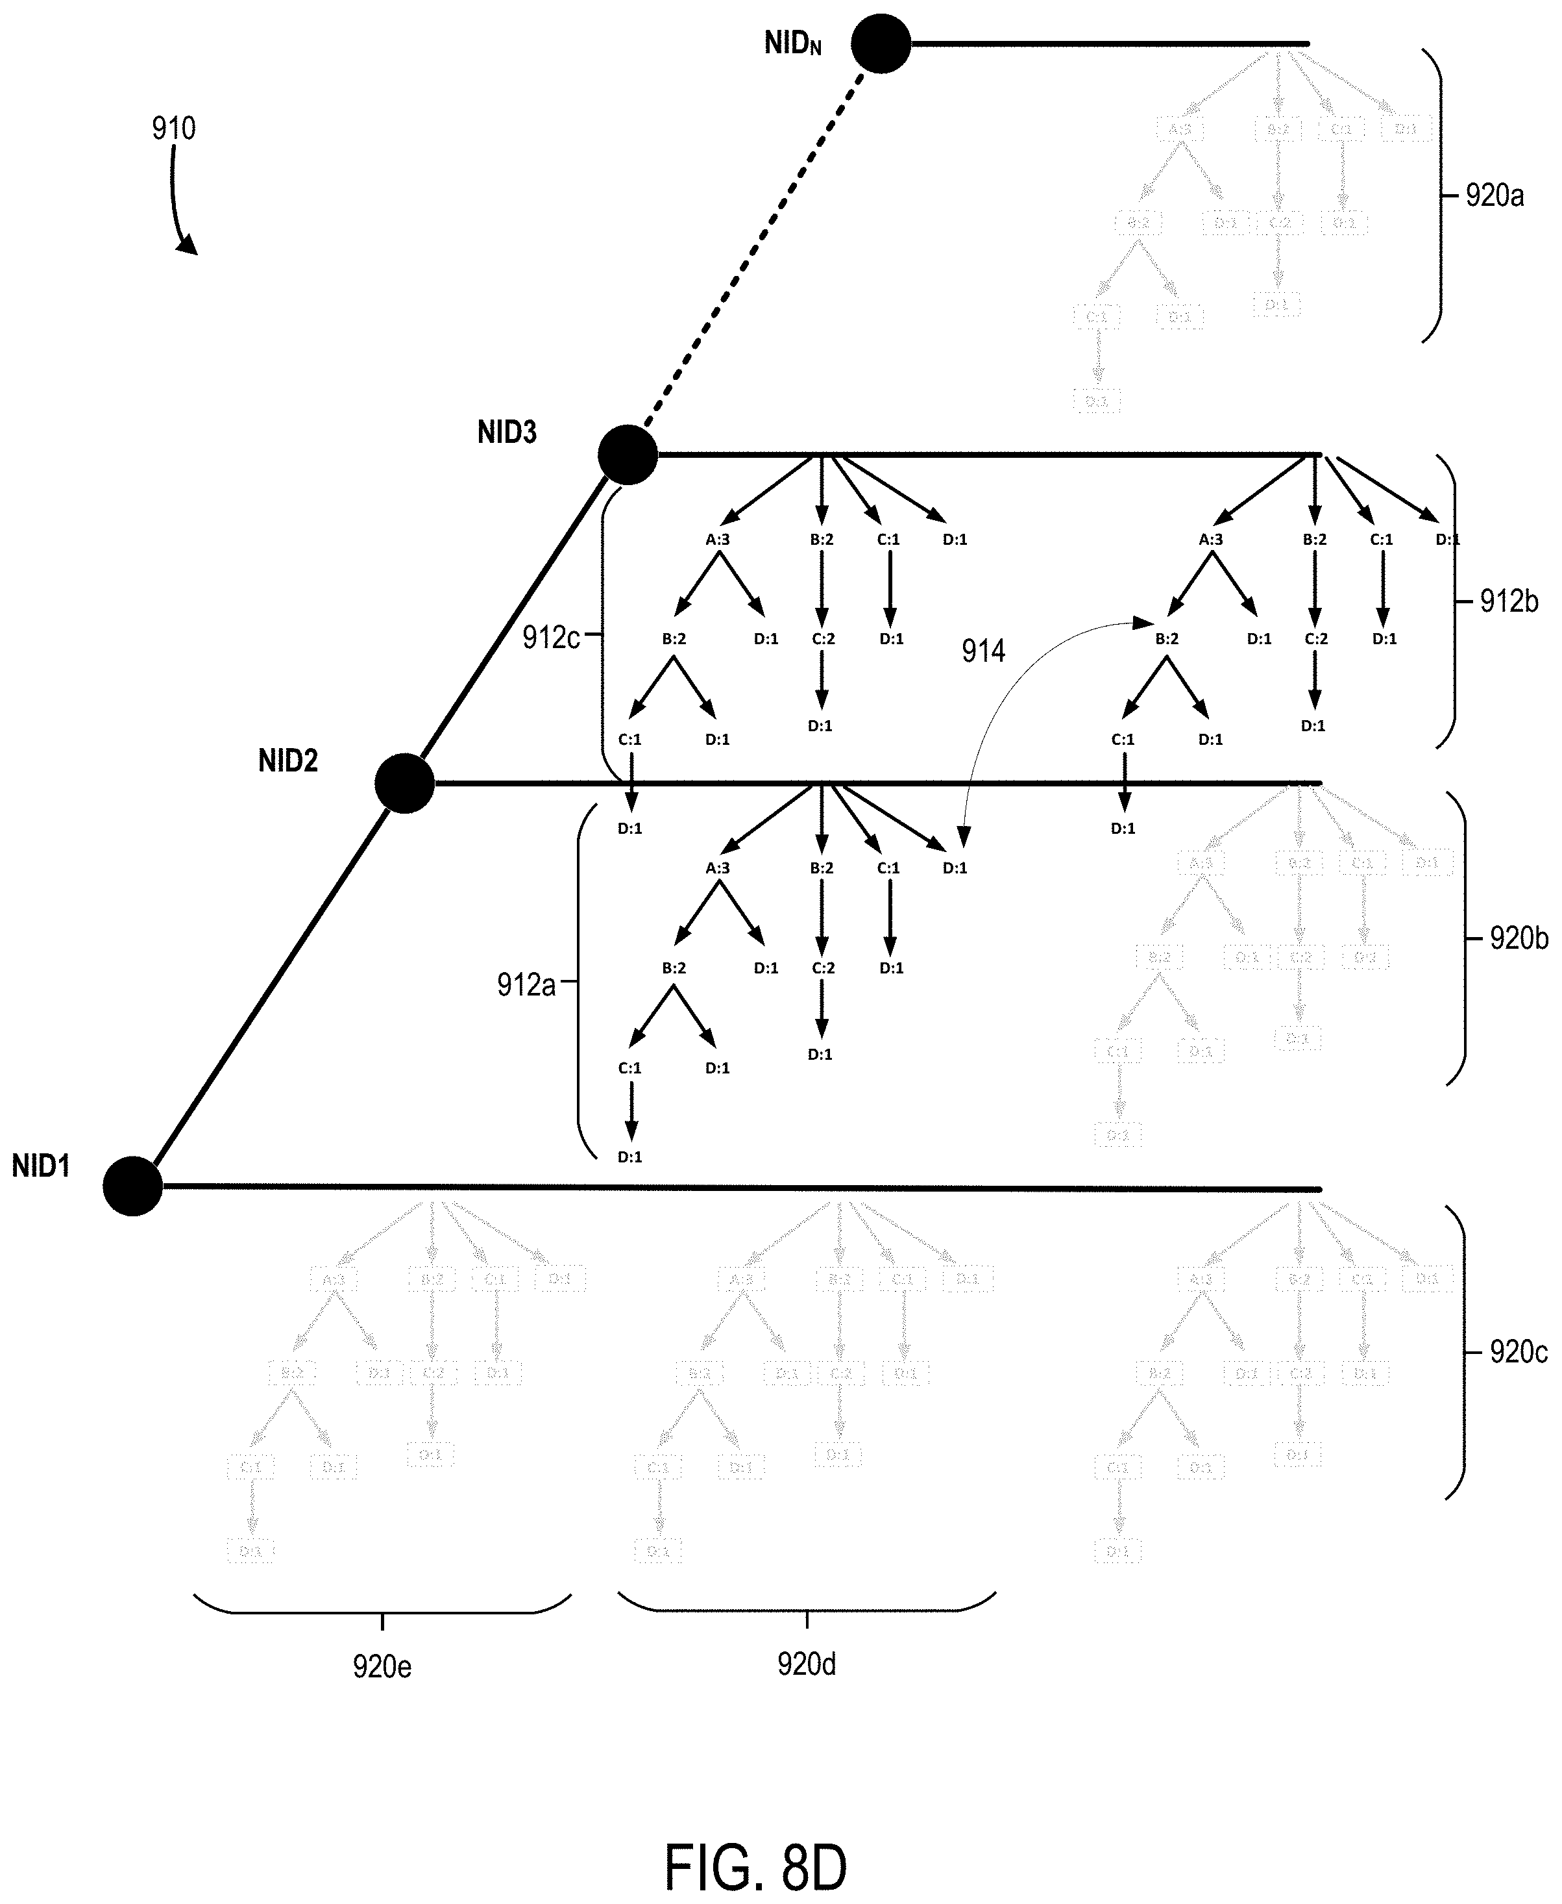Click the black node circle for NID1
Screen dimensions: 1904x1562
(x=132, y=1186)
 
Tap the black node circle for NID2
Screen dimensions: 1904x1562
(x=405, y=783)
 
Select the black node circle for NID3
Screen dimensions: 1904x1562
(x=628, y=455)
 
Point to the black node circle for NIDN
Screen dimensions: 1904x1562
(x=881, y=44)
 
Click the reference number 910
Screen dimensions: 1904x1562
(x=174, y=129)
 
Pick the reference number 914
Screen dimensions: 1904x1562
(x=982, y=651)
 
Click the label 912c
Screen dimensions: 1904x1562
(x=551, y=637)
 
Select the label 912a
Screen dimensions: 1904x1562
(x=526, y=985)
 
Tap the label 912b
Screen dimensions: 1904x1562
(x=1509, y=601)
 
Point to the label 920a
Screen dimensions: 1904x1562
(x=1495, y=195)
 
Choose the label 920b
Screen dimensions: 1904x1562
(x=1519, y=938)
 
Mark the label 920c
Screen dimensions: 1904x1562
(x=1519, y=1351)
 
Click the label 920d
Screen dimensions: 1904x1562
(x=806, y=1664)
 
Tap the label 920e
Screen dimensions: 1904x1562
(x=382, y=1666)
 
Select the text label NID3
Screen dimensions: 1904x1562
(x=507, y=433)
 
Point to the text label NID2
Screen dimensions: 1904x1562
(x=288, y=762)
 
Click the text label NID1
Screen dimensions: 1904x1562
(x=40, y=1167)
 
